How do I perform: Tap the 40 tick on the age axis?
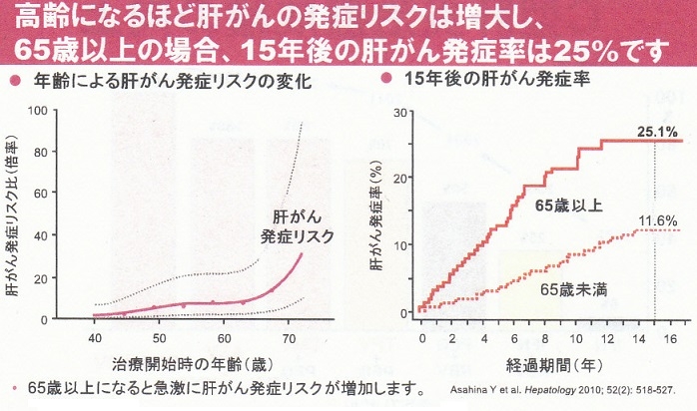[95, 338]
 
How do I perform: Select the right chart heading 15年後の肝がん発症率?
[483, 79]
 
